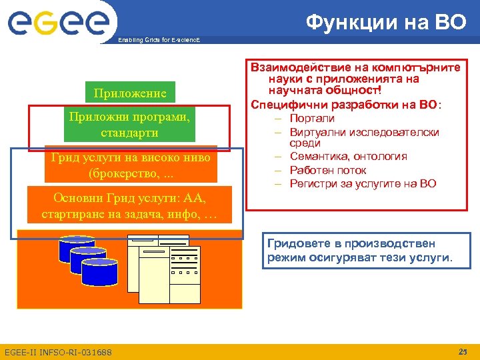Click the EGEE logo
[x=58, y=23]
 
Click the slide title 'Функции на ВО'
[x=387, y=22]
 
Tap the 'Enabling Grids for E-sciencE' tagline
[x=158, y=41]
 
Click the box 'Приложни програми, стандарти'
[x=130, y=125]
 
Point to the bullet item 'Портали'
[x=312, y=118]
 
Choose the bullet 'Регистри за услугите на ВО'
[x=363, y=183]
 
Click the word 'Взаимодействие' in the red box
[x=293, y=67]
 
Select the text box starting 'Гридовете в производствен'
[x=359, y=250]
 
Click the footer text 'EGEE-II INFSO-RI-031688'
[x=58, y=352]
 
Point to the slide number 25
[x=463, y=351]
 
